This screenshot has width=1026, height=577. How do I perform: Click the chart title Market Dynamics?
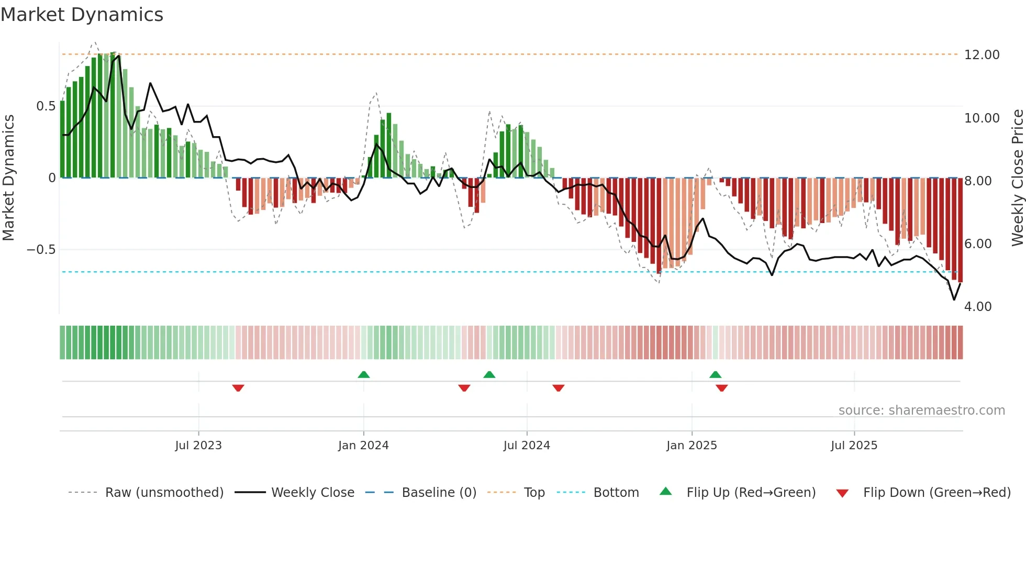tap(82, 15)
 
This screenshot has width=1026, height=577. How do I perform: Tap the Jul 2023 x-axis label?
tap(198, 446)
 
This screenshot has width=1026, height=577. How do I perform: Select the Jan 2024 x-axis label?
tap(363, 446)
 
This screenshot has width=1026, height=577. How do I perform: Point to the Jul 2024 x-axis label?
tap(527, 446)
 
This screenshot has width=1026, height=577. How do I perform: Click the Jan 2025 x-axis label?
tap(692, 446)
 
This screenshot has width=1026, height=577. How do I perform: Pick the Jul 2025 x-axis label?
tap(854, 446)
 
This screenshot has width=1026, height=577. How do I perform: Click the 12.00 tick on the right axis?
tap(982, 55)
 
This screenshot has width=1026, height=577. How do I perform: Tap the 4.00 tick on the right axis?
tap(977, 307)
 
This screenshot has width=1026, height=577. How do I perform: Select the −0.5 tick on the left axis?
tap(41, 250)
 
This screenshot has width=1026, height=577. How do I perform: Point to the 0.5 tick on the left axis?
tap(46, 106)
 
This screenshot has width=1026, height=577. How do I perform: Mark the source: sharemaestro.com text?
tap(921, 410)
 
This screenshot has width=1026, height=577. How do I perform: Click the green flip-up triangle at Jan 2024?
tap(364, 374)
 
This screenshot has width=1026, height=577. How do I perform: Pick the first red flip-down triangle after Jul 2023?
tap(238, 388)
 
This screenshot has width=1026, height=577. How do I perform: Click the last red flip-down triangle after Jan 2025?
tap(722, 388)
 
